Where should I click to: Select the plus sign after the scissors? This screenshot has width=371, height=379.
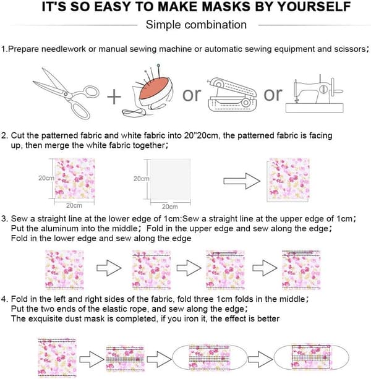(x=114, y=96)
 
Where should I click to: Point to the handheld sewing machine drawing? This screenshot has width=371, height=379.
(x=231, y=95)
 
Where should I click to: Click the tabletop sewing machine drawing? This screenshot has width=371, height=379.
(x=315, y=94)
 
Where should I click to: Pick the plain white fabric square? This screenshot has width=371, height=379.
(x=170, y=179)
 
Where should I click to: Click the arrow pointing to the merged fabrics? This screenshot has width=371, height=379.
(x=242, y=181)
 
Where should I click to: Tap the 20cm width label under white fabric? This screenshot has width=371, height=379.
(x=169, y=207)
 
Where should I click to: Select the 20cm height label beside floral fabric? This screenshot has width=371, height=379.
(x=46, y=178)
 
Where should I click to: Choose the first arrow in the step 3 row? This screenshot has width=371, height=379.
(x=109, y=268)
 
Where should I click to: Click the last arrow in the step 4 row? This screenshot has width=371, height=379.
(x=260, y=359)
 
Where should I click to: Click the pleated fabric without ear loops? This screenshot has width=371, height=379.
(x=125, y=358)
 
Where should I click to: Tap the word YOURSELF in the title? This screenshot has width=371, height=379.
(x=313, y=7)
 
